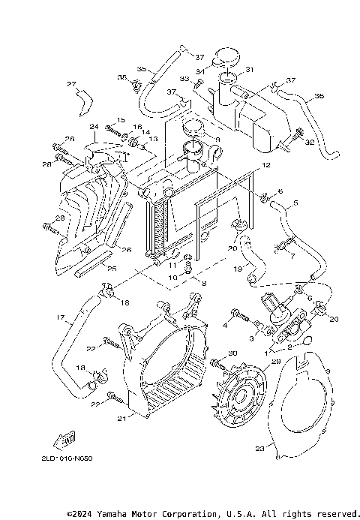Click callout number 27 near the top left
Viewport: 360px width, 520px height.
click(x=72, y=83)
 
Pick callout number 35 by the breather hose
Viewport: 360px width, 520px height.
click(x=140, y=69)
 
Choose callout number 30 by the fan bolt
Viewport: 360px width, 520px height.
click(x=232, y=353)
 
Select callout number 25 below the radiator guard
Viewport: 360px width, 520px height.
click(x=112, y=268)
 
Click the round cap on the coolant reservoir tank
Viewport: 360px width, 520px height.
click(x=226, y=56)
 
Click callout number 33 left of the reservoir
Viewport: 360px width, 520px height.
click(x=184, y=80)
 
